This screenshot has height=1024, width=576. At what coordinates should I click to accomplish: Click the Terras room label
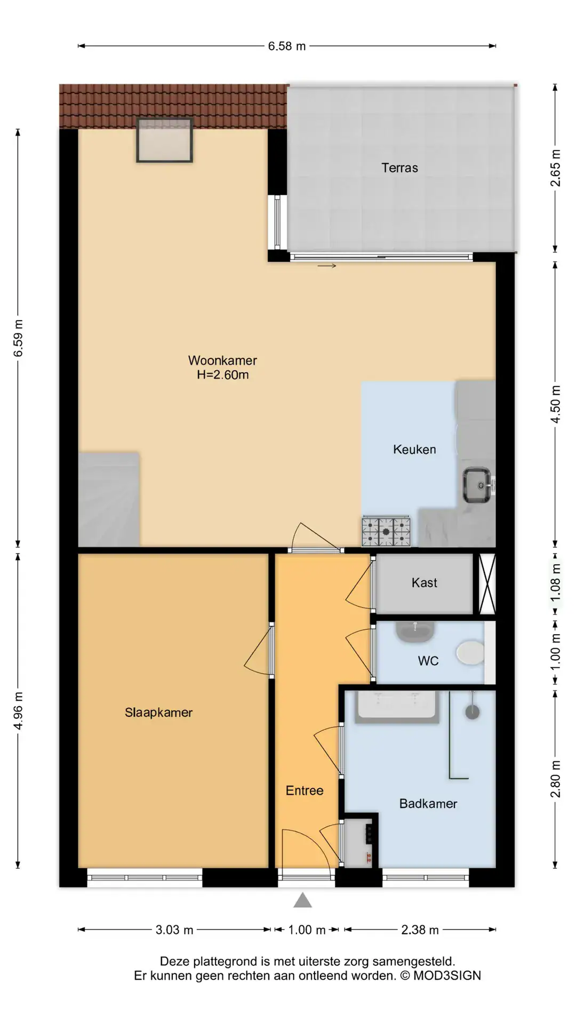point(399,168)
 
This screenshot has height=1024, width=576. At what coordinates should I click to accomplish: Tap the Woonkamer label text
point(222,361)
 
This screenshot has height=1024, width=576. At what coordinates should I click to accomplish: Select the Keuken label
point(414,450)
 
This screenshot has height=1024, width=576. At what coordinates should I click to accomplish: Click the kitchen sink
point(476,485)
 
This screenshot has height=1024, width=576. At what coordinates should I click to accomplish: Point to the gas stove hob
point(386,531)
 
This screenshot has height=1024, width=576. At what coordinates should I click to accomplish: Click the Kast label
point(424,583)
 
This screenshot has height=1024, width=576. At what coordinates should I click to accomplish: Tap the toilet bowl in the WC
point(470,653)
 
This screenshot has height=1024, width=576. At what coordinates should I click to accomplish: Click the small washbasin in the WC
point(415,631)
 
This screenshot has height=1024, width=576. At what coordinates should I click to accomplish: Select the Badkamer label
point(428,804)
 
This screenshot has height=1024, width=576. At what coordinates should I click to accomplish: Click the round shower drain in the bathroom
point(473,711)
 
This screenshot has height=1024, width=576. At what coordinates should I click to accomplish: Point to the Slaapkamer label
point(158,713)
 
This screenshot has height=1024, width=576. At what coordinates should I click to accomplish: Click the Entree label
point(305,791)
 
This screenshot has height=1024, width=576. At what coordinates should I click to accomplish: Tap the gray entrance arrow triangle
point(302,900)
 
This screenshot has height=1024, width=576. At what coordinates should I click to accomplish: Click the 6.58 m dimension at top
point(287,46)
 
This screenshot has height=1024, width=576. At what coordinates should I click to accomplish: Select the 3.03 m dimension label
point(174,930)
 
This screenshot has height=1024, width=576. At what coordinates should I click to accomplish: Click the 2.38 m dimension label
point(420,930)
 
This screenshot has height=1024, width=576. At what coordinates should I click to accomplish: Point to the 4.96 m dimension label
point(18,711)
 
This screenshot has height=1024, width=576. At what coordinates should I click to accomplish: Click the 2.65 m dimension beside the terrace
point(555,167)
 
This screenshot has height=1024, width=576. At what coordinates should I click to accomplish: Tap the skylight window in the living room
point(164,140)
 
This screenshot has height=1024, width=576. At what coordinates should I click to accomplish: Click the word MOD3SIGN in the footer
point(447,976)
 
